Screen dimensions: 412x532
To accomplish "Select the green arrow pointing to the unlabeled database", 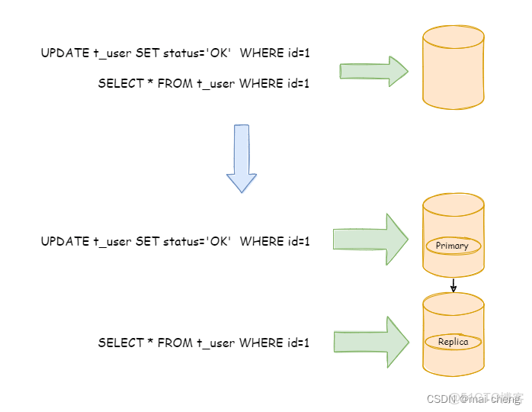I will (373, 71).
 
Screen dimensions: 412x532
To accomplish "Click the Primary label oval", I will (453, 246).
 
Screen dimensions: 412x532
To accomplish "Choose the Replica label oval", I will (453, 343).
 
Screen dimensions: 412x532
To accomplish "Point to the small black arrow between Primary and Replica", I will (453, 285).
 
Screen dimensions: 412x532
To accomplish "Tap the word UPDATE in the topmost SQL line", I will (65, 53).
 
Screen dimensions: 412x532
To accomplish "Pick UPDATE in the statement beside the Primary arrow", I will (65, 241).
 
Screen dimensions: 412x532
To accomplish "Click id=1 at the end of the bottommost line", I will (298, 343).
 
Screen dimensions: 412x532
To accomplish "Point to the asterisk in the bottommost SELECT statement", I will (150, 343).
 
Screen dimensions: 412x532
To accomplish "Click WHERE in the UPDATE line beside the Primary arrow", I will (261, 241).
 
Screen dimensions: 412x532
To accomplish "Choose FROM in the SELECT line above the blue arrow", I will (174, 83).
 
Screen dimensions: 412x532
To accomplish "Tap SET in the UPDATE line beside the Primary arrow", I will (147, 241).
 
